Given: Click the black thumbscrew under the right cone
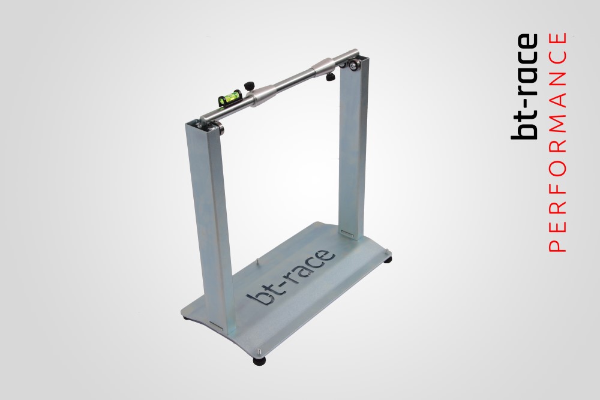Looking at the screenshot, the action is [x=330, y=77].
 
